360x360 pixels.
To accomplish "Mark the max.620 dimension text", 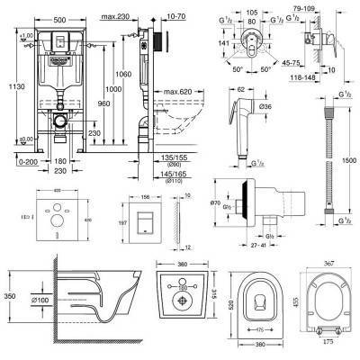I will coord(179,92).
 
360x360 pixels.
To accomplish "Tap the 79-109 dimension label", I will coord(318,6).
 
